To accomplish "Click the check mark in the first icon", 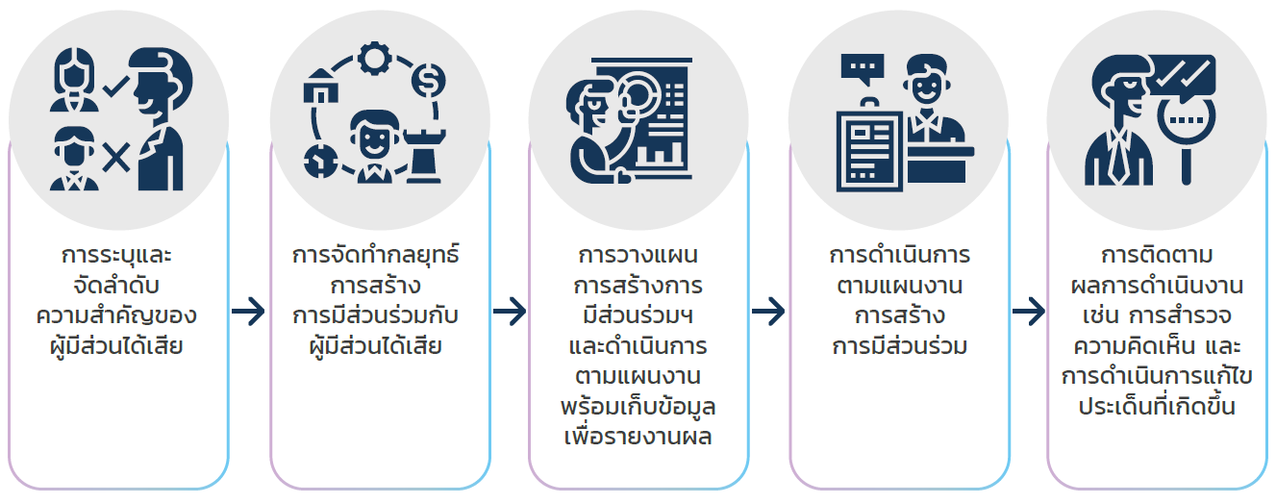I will pos(115,88).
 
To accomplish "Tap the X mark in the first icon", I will pos(116,157).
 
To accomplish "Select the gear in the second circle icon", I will pos(371,59).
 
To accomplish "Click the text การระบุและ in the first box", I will pos(119,257).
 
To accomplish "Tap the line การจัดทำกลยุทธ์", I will pos(377,257).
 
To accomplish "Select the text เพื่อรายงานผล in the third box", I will pos(638,437).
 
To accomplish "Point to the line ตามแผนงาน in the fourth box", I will pos(899,287).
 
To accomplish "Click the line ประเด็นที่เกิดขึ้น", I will pos(1157,407).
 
